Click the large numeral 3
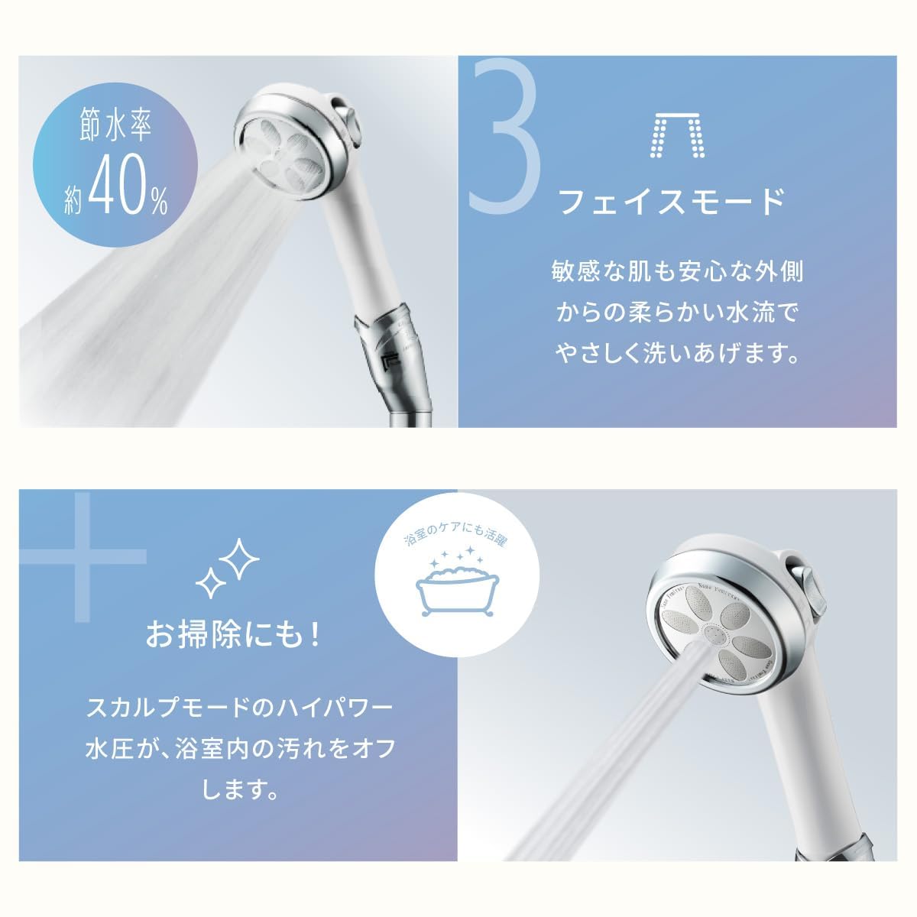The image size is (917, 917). [x=504, y=138]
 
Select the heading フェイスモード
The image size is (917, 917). [x=672, y=203]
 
